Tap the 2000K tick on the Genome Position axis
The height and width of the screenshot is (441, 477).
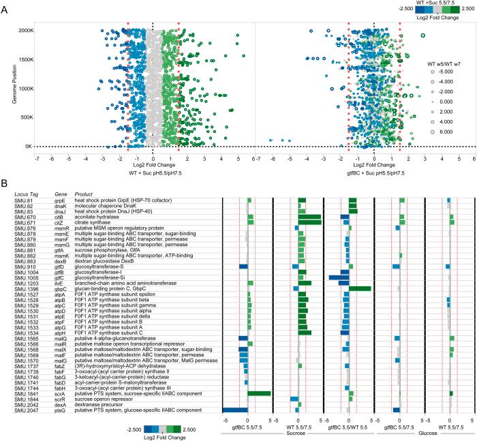point(22,31)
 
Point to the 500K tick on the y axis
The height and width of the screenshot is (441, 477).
point(25,117)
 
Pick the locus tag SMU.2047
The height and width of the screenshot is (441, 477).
point(26,410)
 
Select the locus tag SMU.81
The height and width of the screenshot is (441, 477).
point(23,200)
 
